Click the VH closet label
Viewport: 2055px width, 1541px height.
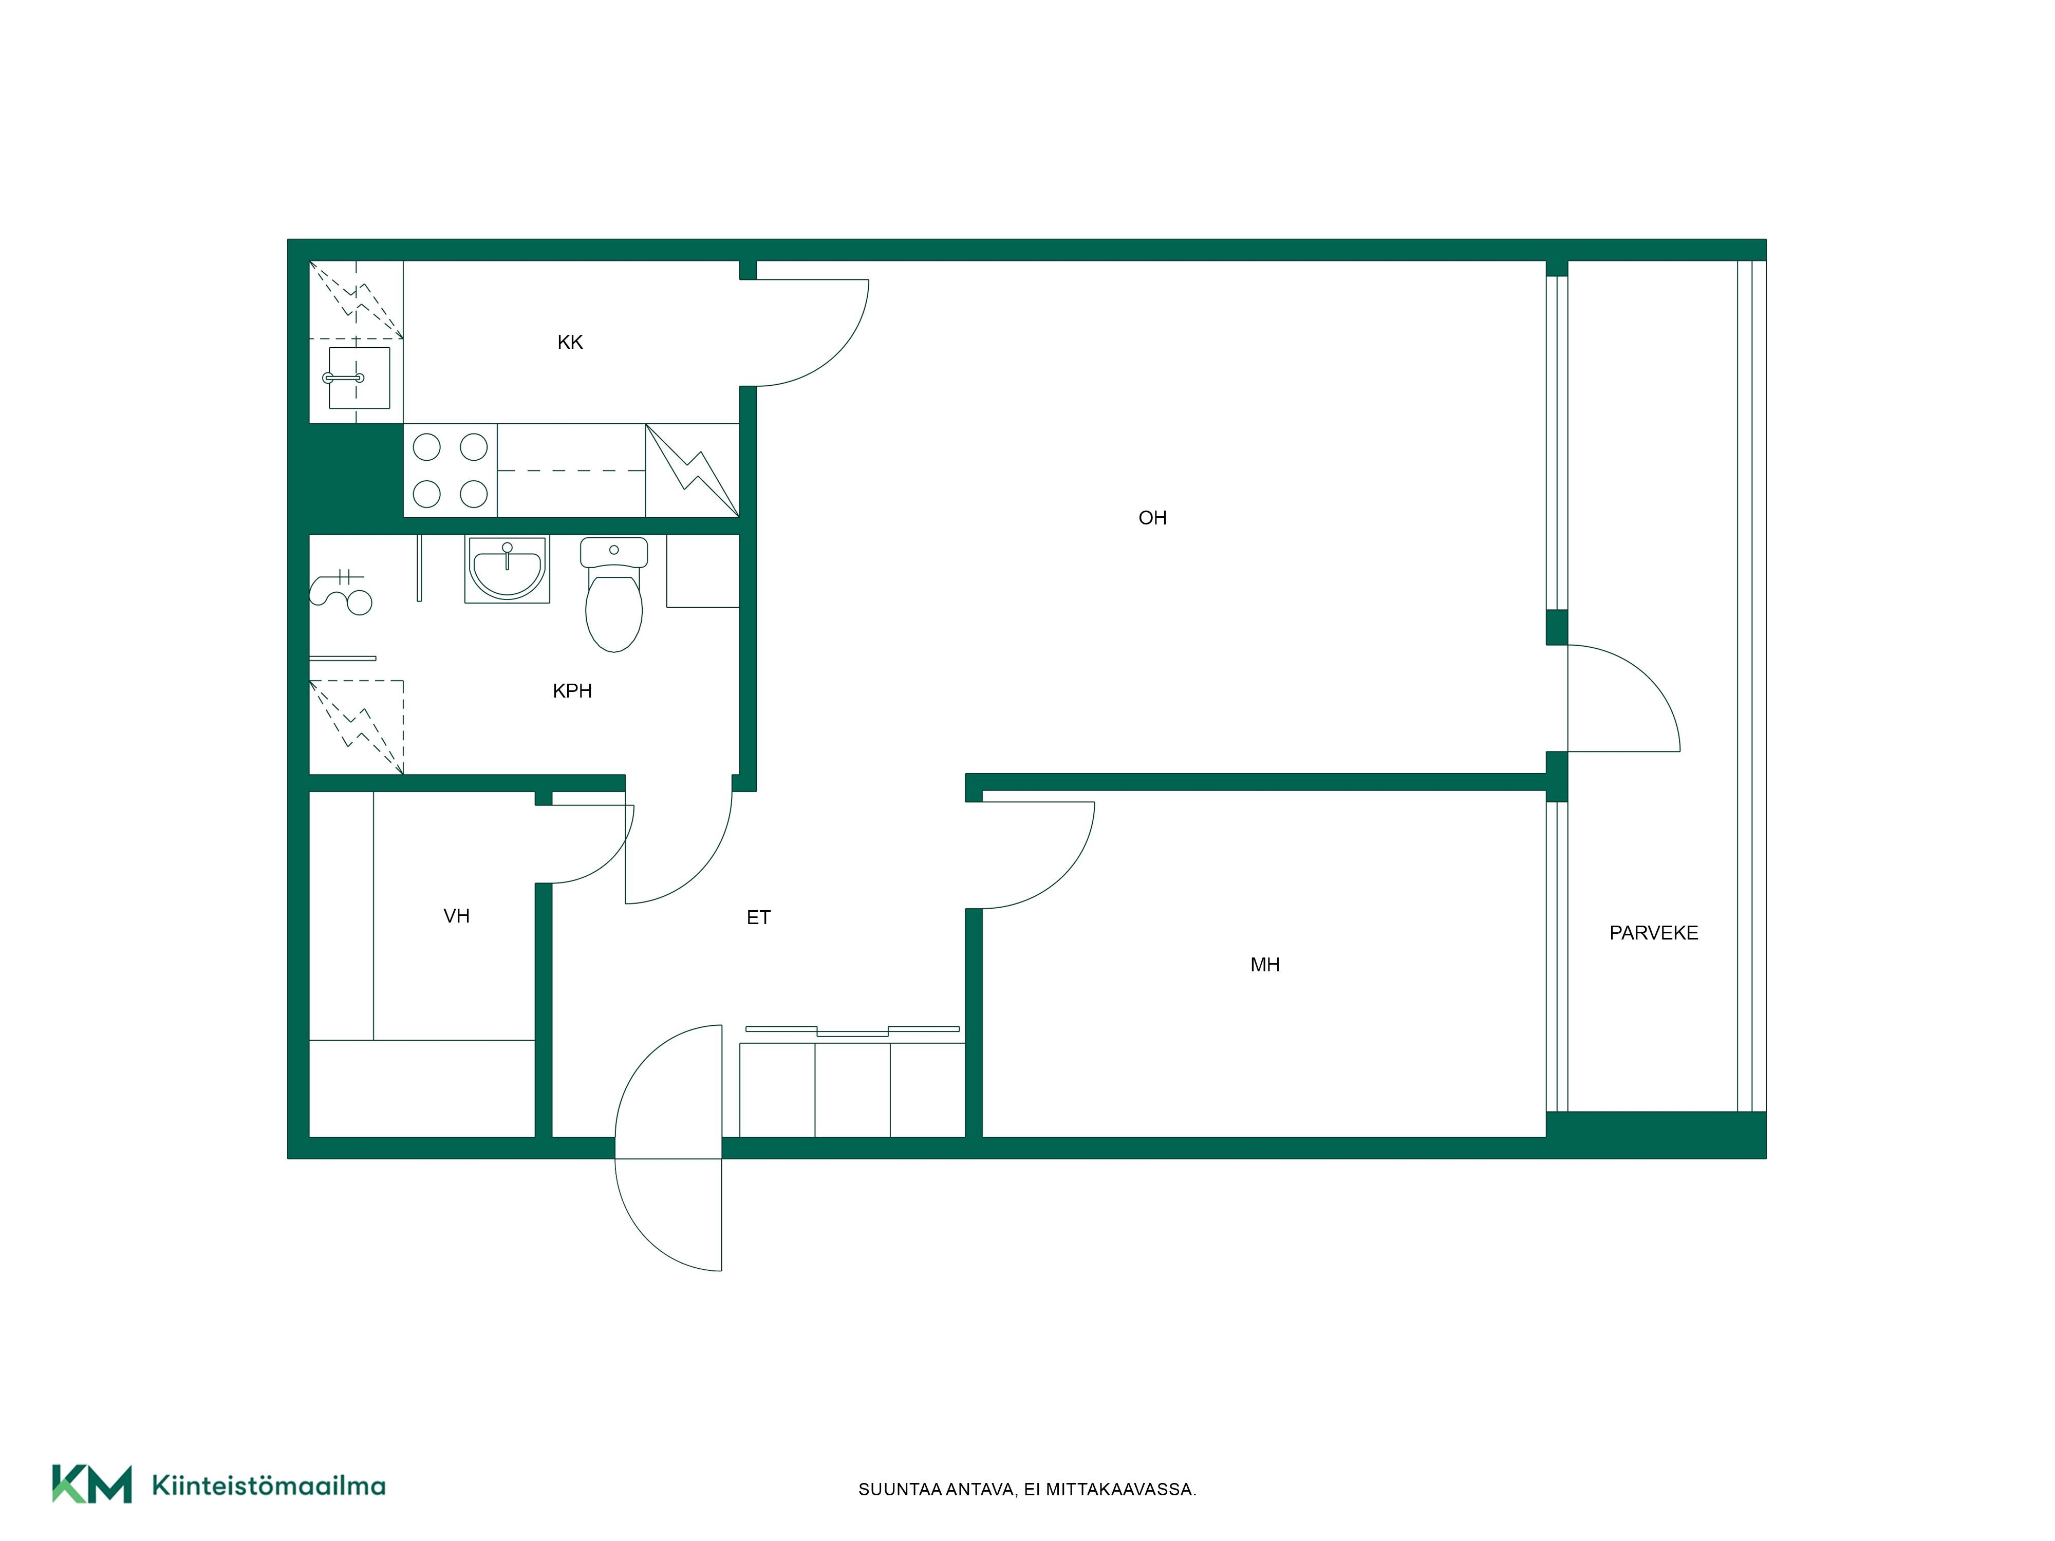[x=456, y=916]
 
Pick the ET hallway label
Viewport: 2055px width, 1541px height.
[x=758, y=918]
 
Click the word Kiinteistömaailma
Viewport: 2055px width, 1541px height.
[x=269, y=1486]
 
